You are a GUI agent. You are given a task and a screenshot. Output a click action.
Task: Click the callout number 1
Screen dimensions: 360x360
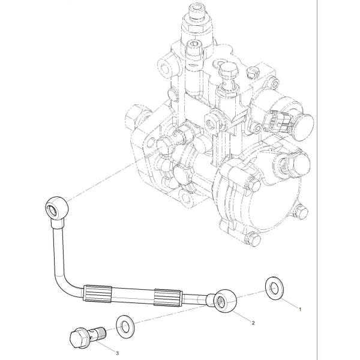(299, 309)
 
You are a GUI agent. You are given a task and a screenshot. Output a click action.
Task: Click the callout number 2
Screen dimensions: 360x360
(253, 323)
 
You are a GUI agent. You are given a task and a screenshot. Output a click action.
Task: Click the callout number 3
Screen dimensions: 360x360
(117, 353)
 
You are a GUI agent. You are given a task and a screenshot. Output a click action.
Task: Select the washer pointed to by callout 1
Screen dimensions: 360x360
(274, 289)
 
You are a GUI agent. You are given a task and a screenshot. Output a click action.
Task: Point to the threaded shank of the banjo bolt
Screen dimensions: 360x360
(100, 332)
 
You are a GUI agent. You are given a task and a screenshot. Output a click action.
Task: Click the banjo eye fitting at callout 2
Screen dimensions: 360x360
(225, 301)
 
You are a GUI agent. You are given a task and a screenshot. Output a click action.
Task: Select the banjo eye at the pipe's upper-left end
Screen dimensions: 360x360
(56, 208)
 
